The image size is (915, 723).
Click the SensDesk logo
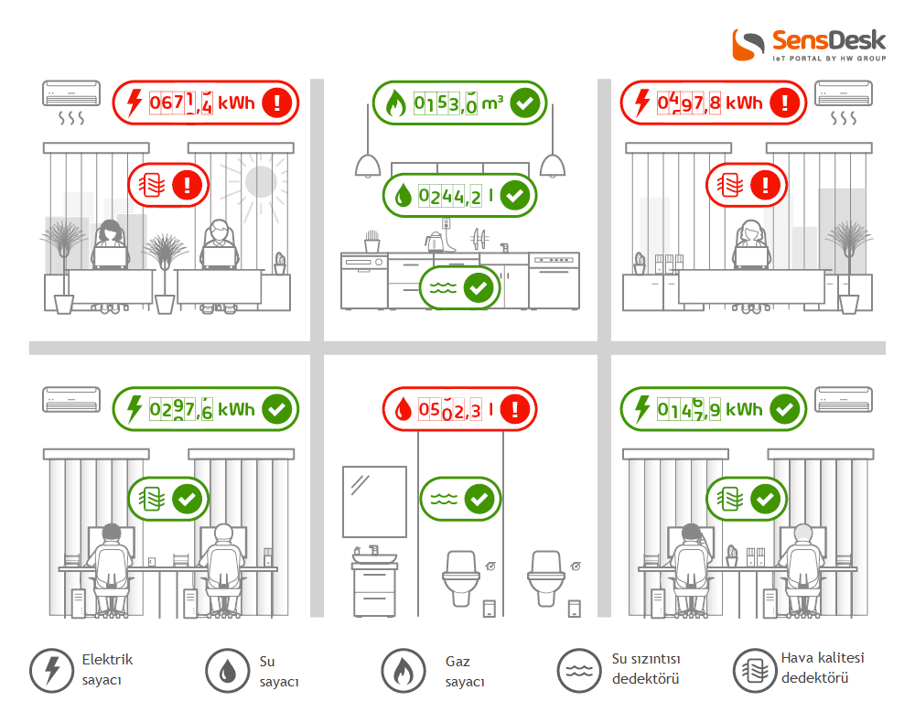pos(810,45)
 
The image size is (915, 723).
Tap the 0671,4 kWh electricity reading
pos(202,103)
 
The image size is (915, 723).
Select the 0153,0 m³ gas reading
pos(458,103)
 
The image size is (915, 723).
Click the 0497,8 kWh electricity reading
pos(710,103)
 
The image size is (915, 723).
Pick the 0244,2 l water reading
pos(456,196)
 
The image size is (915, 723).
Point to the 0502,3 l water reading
pos(456,409)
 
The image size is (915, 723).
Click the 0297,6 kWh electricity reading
pos(202,409)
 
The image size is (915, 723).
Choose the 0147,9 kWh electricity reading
pos(710,409)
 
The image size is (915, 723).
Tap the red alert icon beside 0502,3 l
pos(514,409)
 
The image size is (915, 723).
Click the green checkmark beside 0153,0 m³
pos(524,103)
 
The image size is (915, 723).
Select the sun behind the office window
pos(260,181)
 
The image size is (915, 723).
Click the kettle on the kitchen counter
pos(434,241)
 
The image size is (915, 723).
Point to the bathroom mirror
pos(374,502)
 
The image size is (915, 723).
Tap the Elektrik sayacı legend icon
pos(52,671)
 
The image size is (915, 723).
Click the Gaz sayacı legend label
pos(465,672)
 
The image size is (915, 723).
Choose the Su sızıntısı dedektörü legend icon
pos(579,671)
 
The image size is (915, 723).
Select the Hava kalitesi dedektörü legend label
pos(823,667)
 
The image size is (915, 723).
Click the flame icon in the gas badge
pos(395,103)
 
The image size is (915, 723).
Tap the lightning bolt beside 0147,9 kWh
pos(642,408)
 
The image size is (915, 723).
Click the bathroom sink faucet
pos(373,550)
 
